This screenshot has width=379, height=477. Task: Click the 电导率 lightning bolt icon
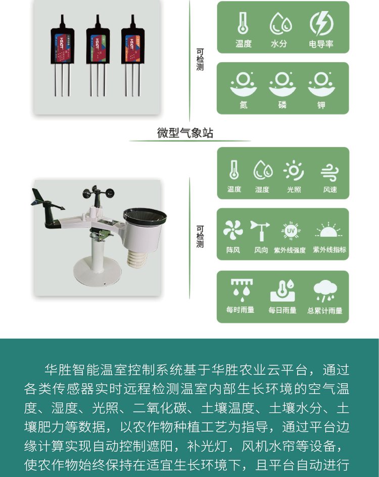(321, 23)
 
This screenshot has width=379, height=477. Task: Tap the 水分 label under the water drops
(279, 44)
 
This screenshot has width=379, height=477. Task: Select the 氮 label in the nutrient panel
(244, 105)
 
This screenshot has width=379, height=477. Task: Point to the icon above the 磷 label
(282, 84)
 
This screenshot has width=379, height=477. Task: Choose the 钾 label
(321, 105)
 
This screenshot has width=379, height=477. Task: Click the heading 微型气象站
(185, 133)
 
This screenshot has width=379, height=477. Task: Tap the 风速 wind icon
(329, 172)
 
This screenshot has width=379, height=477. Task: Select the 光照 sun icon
(294, 171)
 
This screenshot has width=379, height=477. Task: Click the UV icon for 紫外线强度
(291, 231)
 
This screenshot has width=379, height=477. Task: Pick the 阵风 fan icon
(233, 230)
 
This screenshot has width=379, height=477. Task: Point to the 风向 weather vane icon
(260, 231)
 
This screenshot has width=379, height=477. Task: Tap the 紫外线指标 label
(329, 250)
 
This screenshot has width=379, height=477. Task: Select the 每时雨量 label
(241, 310)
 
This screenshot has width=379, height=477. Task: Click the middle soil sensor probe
(98, 56)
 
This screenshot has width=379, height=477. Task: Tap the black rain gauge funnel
(145, 217)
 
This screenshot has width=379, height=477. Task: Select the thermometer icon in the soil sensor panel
(243, 23)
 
